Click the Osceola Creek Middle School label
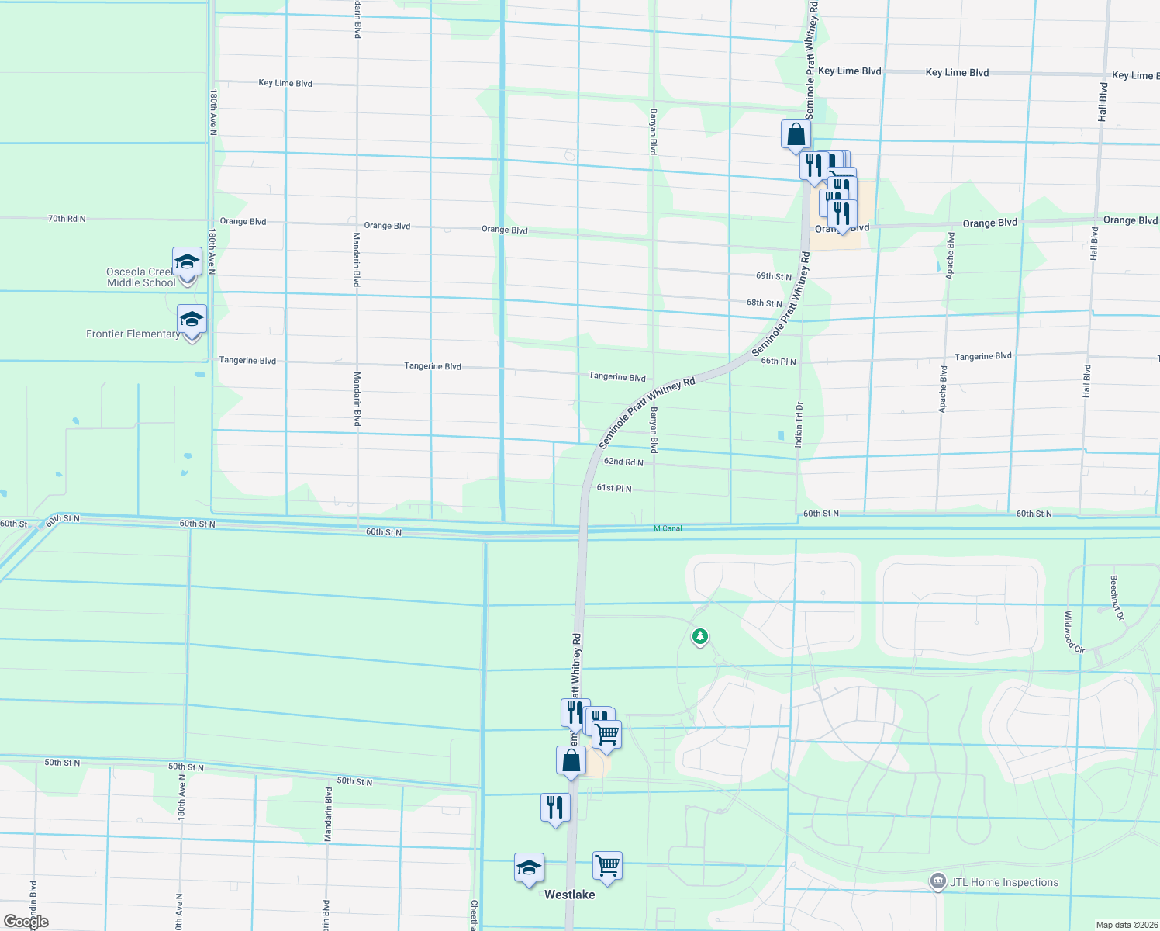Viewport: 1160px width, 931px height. tap(141, 278)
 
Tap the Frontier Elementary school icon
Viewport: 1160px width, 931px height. tap(192, 320)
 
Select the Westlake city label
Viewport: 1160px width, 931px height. tap(569, 895)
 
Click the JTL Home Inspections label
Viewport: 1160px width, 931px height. tap(1003, 882)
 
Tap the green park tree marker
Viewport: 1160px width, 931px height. tap(700, 637)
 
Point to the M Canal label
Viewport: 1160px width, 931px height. tap(668, 528)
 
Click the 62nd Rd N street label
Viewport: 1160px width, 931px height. tap(623, 462)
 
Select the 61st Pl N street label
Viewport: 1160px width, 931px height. tap(614, 488)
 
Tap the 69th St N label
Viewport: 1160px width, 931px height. tap(774, 276)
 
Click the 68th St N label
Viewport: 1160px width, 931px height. tap(765, 303)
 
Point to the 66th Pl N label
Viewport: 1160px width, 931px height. tap(779, 361)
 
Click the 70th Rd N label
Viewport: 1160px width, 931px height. tap(67, 219)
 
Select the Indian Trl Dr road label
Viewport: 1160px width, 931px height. tap(799, 424)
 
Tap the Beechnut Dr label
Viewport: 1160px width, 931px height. tap(1116, 597)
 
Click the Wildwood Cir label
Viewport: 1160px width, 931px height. tap(1074, 632)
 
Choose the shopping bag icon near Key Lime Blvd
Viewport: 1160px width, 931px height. tap(796, 135)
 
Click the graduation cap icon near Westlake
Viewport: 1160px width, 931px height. tap(529, 867)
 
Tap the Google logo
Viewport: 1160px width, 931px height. tap(26, 922)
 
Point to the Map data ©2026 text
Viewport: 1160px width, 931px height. tap(1126, 925)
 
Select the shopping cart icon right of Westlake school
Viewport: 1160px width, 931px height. tap(607, 866)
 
